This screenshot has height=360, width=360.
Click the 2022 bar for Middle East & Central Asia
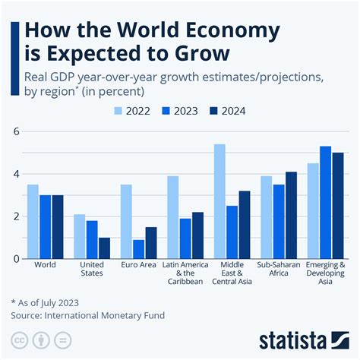[219, 201]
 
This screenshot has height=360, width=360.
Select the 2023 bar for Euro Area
[139, 249]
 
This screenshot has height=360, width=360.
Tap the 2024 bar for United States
[104, 248]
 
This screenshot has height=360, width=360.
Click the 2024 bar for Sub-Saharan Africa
[291, 215]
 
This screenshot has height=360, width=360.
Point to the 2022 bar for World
[33, 221]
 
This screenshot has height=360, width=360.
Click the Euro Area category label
[139, 266]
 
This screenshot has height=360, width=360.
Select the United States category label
[92, 270]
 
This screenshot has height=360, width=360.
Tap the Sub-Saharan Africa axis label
[279, 270]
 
